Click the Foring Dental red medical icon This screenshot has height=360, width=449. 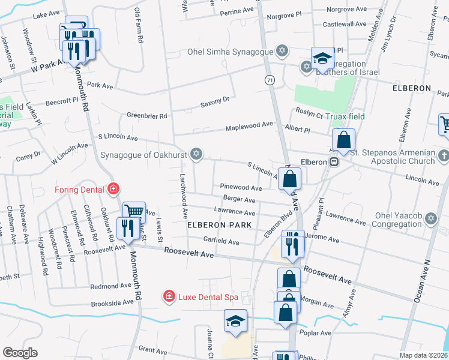[112, 190]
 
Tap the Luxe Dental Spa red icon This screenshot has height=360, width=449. [169, 297]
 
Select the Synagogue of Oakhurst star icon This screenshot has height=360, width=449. [195, 154]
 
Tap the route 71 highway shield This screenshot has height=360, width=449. [270, 80]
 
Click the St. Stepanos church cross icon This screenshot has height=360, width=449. [444, 157]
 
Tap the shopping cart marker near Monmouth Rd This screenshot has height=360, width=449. [134, 212]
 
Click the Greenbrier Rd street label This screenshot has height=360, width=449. [146, 115]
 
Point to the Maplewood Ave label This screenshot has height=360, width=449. [249, 127]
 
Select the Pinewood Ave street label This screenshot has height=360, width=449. [241, 188]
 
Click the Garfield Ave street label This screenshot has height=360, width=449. [221, 242]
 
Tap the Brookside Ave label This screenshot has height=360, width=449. [111, 304]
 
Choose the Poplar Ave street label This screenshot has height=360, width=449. [317, 333]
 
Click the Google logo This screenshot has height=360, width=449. [20, 353]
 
